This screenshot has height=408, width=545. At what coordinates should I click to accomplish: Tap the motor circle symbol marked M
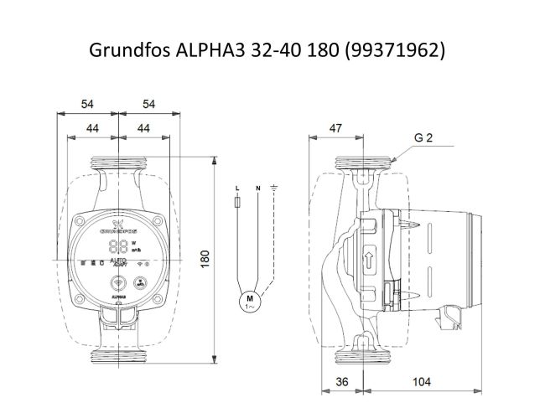pos(249,299)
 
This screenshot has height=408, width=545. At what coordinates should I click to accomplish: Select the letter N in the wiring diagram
pos(257,186)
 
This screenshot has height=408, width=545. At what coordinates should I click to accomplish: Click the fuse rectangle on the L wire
pos(238,203)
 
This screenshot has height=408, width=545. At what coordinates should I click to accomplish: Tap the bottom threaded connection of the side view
pos(365,358)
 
